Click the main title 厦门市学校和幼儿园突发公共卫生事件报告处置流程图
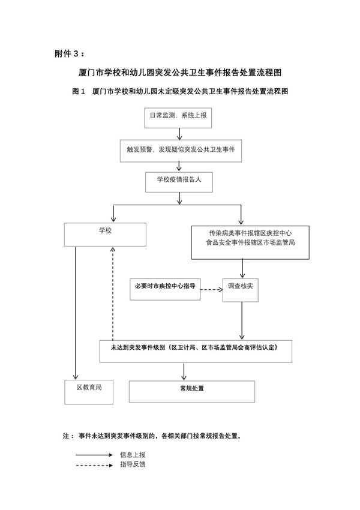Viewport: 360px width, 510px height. click(181, 73)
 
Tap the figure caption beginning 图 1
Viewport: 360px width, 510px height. click(181, 92)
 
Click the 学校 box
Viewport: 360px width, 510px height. click(106, 233)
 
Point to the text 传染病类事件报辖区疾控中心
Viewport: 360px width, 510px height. click(242, 232)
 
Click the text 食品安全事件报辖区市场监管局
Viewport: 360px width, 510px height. click(242, 243)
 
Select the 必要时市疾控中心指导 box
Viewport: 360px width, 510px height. click(165, 289)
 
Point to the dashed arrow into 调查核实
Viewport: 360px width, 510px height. click(210, 289)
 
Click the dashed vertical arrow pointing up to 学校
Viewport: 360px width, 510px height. click(113, 294)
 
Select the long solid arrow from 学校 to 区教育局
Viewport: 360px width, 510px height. click(76, 312)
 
